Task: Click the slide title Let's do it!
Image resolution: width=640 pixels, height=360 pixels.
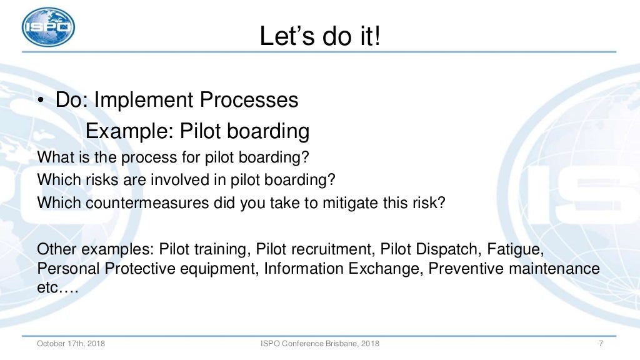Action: [x=320, y=36]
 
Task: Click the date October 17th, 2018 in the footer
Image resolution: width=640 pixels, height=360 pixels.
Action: [x=71, y=344]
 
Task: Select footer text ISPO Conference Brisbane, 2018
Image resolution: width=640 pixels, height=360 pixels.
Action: [x=319, y=344]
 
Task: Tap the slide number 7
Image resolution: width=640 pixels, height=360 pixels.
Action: [x=600, y=344]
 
